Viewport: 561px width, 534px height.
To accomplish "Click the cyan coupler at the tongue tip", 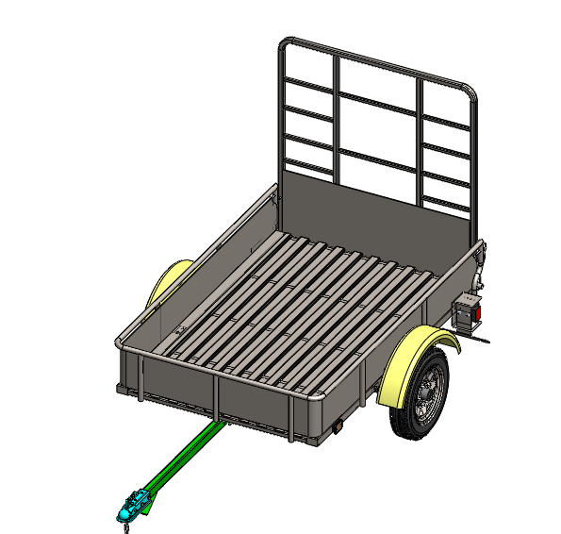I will [133, 504].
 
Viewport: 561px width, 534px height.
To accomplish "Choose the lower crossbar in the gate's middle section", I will [377, 157].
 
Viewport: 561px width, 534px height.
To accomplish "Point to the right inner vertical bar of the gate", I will [421, 142].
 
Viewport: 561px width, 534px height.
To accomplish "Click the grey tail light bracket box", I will [465, 314].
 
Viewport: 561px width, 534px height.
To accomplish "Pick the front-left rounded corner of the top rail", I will [122, 342].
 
